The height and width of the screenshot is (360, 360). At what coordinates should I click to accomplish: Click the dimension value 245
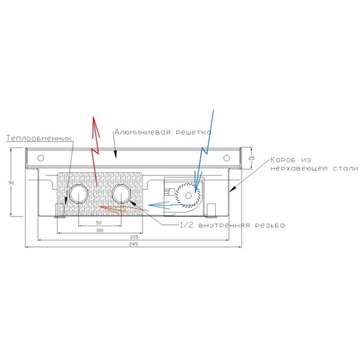(x=133, y=244)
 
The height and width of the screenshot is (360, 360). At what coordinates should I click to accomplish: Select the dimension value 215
(x=134, y=237)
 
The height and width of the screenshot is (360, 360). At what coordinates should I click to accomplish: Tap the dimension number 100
(x=100, y=230)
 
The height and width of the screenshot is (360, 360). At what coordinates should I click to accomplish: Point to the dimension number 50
(x=99, y=223)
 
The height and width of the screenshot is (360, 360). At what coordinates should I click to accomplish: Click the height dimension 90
(x=11, y=183)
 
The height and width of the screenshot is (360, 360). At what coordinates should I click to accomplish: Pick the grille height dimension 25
(x=252, y=158)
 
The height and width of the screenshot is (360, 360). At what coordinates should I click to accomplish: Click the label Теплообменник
(x=39, y=138)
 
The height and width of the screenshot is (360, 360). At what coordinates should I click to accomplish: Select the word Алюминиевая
(x=142, y=132)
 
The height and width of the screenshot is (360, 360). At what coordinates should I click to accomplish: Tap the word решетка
(x=193, y=133)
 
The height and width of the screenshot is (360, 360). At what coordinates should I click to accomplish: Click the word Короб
(x=283, y=159)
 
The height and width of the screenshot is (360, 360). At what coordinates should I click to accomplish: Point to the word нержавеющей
(x=299, y=168)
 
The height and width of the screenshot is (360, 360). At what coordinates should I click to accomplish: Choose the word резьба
(x=270, y=225)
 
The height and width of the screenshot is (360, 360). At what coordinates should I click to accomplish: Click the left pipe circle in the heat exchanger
(x=79, y=194)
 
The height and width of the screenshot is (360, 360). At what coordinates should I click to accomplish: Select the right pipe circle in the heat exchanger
(x=121, y=194)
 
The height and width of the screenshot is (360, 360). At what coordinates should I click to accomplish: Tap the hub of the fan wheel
(x=188, y=196)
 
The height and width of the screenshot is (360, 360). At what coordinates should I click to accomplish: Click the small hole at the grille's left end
(x=40, y=158)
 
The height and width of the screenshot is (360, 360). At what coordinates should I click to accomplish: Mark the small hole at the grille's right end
(x=227, y=158)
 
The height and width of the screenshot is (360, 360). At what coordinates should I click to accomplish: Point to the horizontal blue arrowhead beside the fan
(x=154, y=205)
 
